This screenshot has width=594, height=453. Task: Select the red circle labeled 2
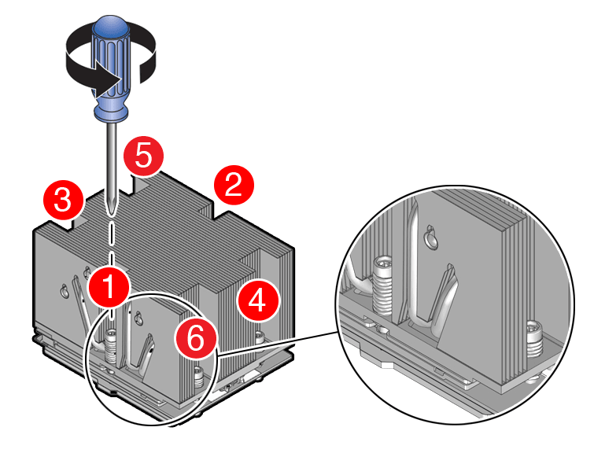click(234, 186)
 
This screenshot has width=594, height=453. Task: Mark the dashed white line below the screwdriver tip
click(113, 244)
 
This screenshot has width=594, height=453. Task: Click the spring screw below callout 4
click(258, 339)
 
